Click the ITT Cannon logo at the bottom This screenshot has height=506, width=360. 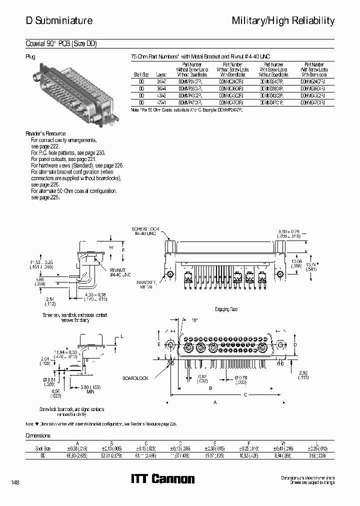tap(162, 479)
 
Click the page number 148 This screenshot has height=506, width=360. tap(14, 482)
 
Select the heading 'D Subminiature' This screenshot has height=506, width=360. tap(59, 20)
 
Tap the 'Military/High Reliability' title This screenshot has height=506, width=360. tap(283, 20)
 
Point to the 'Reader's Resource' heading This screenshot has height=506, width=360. tap(45, 134)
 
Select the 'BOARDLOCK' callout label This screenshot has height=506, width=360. tap(135, 378)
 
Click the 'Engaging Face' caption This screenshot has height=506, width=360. tap(226, 309)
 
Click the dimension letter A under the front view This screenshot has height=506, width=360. tap(215, 401)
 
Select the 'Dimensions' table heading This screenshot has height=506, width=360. tap(38, 435)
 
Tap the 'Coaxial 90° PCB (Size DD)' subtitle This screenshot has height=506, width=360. tap(61, 43)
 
